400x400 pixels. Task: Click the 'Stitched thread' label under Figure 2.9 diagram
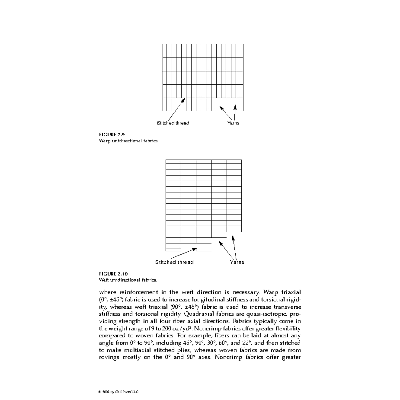click(173, 123)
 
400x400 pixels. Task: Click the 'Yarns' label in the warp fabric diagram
click(233, 123)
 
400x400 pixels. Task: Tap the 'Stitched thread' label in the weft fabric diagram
click(174, 262)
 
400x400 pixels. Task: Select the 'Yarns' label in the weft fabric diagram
click(237, 262)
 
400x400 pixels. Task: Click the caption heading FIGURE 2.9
click(112, 135)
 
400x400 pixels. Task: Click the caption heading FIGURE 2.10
click(113, 274)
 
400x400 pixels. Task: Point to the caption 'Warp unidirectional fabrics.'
click(129, 141)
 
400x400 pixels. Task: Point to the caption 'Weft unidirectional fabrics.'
click(128, 280)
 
